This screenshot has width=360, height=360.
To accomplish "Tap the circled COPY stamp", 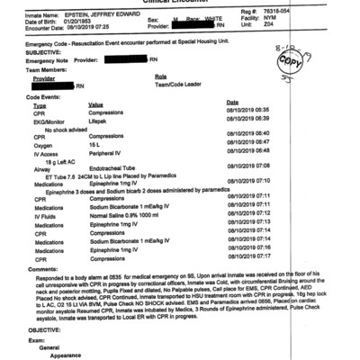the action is [314, 66].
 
